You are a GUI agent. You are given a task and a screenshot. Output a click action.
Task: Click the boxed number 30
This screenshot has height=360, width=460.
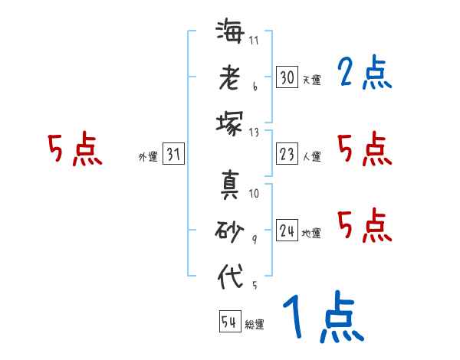coord(287,77)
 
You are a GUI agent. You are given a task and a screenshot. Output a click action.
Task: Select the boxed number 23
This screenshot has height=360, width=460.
coord(287,154)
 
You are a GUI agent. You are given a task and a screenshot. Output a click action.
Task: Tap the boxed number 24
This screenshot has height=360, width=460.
coord(287,231)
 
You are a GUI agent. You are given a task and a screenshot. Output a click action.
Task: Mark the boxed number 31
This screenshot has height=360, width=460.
coord(173,154)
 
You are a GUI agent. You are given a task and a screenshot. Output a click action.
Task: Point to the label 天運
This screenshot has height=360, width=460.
coord(311,80)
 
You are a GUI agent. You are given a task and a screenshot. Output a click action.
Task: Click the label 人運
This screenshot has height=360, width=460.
coord(311,156)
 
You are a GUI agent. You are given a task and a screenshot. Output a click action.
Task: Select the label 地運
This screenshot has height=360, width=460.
coord(311,233)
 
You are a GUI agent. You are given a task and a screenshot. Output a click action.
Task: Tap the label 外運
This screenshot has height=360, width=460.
coord(147,156)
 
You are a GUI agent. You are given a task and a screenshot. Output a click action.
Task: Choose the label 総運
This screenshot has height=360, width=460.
coord(255,324)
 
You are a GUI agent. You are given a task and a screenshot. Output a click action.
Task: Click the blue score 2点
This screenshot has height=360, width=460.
coord(364,74)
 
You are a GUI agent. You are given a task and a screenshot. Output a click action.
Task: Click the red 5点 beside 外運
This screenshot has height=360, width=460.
coord(74,149)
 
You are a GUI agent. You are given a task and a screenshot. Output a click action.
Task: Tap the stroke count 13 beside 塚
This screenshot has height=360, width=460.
coord(254,133)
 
